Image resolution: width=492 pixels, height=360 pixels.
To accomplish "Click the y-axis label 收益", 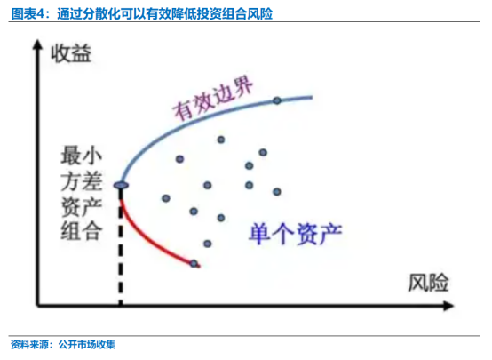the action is pyautogui.click(x=71, y=53).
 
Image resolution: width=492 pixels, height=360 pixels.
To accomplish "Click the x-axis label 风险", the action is pyautogui.click(x=428, y=283).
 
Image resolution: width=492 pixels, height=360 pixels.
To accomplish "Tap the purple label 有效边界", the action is pyautogui.click(x=213, y=99).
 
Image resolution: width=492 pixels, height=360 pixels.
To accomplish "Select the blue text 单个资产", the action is pyautogui.click(x=295, y=234).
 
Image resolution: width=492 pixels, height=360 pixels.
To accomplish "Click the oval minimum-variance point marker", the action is pyautogui.click(x=121, y=186).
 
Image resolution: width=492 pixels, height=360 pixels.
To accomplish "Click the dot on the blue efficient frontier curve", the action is pyautogui.click(x=277, y=100).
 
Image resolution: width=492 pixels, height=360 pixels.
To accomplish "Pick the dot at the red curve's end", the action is pyautogui.click(x=194, y=263).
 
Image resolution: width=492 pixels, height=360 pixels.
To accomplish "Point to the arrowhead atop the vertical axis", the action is pyautogui.click(x=37, y=44).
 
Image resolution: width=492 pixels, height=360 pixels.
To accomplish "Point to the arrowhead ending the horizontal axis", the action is pyautogui.click(x=448, y=306).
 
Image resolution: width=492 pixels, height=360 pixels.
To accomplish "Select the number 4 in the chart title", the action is pyautogui.click(x=43, y=14).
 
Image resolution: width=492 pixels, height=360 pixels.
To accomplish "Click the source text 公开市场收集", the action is pyautogui.click(x=87, y=345).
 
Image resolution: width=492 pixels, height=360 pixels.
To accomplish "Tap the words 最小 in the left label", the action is pyautogui.click(x=82, y=156).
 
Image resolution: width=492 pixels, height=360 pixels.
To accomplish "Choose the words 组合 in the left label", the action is pyautogui.click(x=82, y=231).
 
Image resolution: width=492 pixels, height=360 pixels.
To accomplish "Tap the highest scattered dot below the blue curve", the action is pyautogui.click(x=221, y=140).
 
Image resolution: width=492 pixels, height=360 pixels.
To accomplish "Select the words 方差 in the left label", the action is pyautogui.click(x=82, y=181).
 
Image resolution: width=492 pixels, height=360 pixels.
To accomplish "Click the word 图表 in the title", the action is pyautogui.click(x=24, y=14).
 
